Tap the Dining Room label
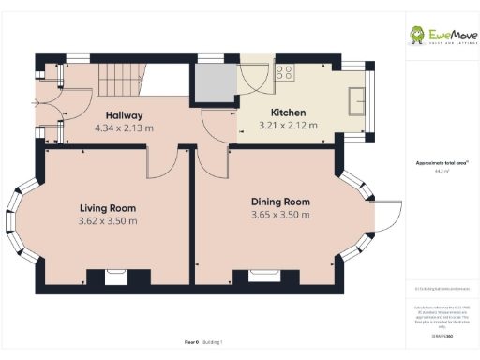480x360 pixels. coord(280,202)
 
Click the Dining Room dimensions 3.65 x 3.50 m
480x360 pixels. coord(280,215)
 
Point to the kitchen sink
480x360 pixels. coord(358,99)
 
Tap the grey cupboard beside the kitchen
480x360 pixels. coord(214,85)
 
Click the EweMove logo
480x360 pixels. coord(441,36)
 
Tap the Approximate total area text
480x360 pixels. coord(441,163)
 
